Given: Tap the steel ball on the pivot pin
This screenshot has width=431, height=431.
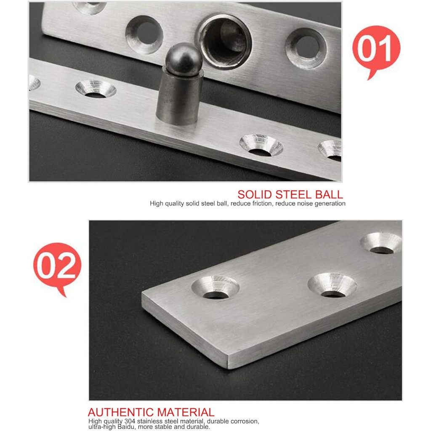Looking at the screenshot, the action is pos(184,60).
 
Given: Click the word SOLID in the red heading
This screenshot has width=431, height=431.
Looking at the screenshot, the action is pos(255,194).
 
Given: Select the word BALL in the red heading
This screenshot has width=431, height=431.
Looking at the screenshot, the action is pos(329,194).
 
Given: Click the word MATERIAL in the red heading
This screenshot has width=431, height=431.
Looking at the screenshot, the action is pos(186,412).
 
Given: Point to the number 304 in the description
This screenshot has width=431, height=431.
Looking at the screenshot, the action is pos(130,421).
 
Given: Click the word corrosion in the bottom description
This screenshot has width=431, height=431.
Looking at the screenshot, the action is pos(245,421).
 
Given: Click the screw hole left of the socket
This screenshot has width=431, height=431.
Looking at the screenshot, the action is pos(145,35).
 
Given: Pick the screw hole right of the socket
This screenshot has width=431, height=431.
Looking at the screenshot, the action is pos(306,48).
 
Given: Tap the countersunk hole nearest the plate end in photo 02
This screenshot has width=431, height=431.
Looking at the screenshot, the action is pos(215,287).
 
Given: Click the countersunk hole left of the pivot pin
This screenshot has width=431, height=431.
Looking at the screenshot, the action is pos(96,89).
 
